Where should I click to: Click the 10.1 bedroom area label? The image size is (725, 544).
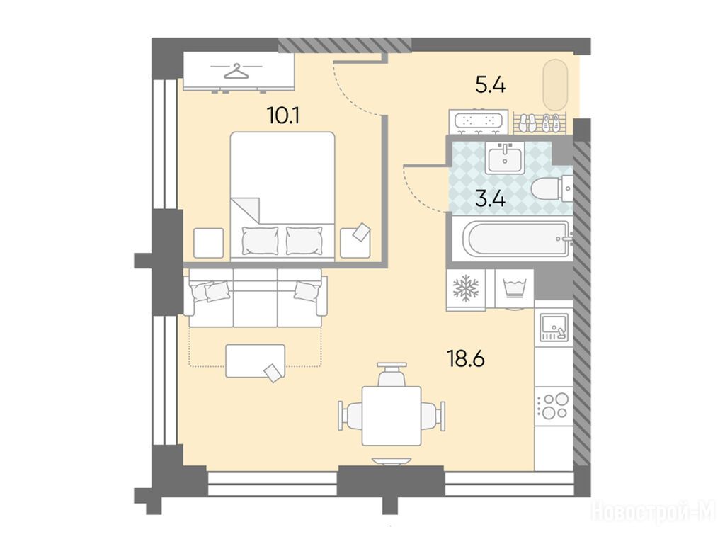[283, 115]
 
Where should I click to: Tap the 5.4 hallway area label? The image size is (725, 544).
[491, 85]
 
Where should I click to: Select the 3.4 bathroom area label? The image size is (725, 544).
[490, 199]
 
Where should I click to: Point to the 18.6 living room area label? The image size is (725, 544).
[466, 358]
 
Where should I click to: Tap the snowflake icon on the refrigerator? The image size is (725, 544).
[466, 288]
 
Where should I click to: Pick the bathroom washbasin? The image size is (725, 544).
[505, 157]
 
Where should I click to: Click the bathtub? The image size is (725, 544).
[520, 239]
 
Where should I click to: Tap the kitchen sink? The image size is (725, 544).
[554, 327]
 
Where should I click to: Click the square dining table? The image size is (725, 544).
[391, 415]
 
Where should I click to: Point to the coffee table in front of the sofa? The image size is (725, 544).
[255, 361]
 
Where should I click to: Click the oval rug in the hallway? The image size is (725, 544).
[555, 84]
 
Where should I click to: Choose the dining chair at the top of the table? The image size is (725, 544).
[392, 375]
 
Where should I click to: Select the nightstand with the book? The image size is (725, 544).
[355, 242]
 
